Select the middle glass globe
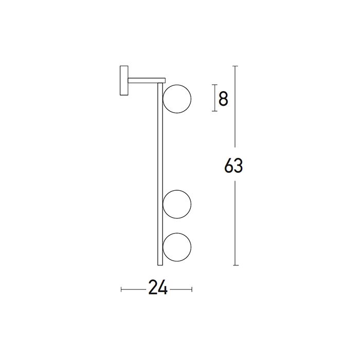[177, 205]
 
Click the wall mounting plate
[123, 80]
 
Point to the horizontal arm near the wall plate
[146, 80]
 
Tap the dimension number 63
[233, 167]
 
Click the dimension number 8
[223, 98]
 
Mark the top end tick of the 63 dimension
[235, 66]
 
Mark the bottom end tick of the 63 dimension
[235, 265]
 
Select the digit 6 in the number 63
[229, 167]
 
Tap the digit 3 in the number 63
[239, 167]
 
